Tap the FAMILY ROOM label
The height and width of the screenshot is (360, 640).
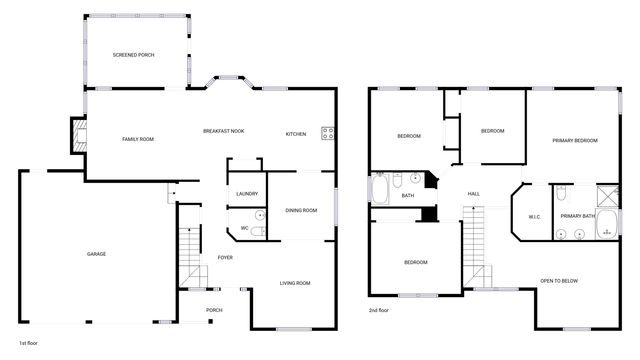(x=138, y=139)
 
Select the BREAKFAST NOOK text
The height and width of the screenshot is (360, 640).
(x=224, y=132)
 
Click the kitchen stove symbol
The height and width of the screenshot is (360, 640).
(x=328, y=133)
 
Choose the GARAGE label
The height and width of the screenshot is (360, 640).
(x=96, y=254)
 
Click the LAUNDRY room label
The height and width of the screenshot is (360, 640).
(x=247, y=194)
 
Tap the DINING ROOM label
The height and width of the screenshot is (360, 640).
(x=301, y=210)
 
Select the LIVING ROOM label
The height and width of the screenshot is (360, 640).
(x=294, y=283)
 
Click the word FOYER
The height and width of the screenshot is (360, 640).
(x=226, y=258)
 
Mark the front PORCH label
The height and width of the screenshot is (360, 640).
(x=214, y=310)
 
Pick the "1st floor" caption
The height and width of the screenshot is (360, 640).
(x=30, y=342)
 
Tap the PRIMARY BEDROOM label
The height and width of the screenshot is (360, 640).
(x=574, y=140)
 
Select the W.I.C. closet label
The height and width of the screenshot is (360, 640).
(x=534, y=216)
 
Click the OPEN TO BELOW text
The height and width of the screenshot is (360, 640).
(x=559, y=281)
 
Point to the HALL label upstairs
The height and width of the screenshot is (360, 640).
(x=474, y=194)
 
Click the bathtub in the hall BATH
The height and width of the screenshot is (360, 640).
(x=382, y=189)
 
